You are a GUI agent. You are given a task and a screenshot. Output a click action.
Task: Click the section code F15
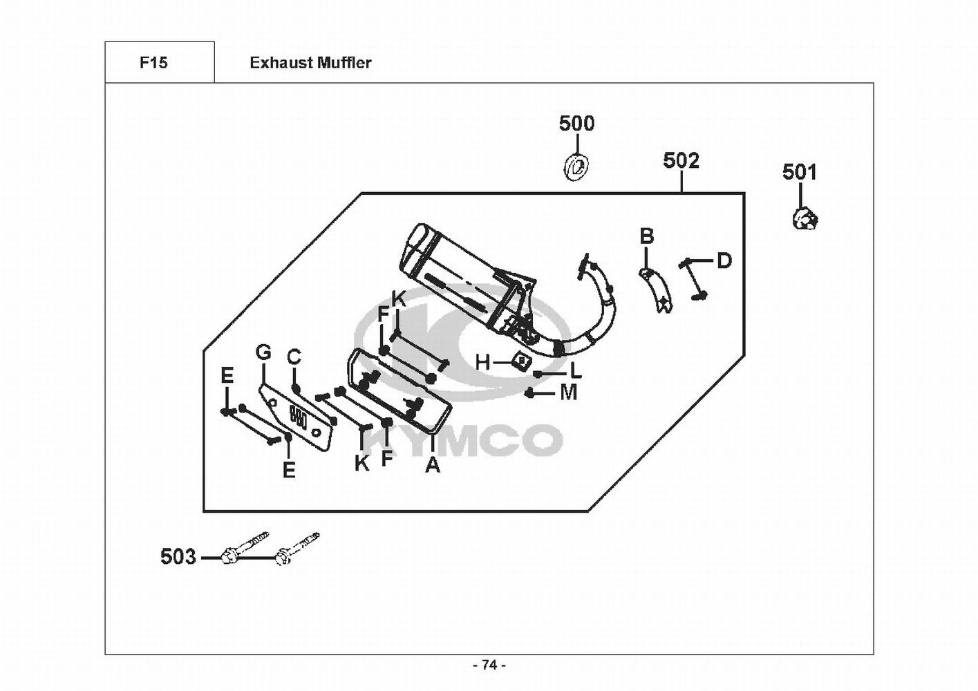click(x=153, y=63)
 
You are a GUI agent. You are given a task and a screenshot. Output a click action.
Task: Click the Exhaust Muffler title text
click(x=310, y=63)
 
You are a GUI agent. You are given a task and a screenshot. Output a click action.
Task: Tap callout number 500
click(x=576, y=124)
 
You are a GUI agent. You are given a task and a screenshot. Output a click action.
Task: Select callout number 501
click(x=799, y=172)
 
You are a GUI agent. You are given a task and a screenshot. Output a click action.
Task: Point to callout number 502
click(x=681, y=160)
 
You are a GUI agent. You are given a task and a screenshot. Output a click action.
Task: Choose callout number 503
click(x=178, y=556)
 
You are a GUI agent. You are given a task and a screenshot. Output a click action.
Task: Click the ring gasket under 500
click(x=575, y=167)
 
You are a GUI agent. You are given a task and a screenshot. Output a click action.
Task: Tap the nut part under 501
click(x=805, y=219)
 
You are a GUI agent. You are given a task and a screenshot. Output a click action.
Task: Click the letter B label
click(x=646, y=236)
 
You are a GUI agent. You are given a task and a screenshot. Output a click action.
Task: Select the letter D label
click(x=724, y=261)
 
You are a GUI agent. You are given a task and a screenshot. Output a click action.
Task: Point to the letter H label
click(x=482, y=362)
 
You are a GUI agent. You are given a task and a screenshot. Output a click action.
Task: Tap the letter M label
click(x=568, y=392)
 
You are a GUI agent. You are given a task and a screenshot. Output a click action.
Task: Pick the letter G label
click(x=263, y=352)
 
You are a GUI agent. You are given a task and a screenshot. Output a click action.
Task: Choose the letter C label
click(x=294, y=357)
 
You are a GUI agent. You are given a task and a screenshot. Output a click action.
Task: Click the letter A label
click(x=433, y=465)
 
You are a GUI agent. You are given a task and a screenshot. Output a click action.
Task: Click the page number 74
click(x=489, y=665)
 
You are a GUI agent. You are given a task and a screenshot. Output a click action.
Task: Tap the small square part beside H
click(x=520, y=360)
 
